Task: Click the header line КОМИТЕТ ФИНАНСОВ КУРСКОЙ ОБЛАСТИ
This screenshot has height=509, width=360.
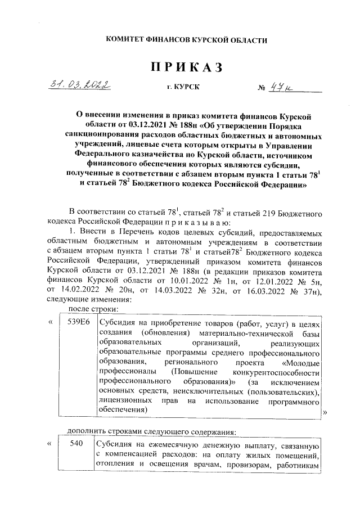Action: [x=186, y=39]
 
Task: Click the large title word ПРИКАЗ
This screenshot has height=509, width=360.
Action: [x=186, y=67]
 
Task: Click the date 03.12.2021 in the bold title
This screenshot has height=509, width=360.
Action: [x=148, y=124]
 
